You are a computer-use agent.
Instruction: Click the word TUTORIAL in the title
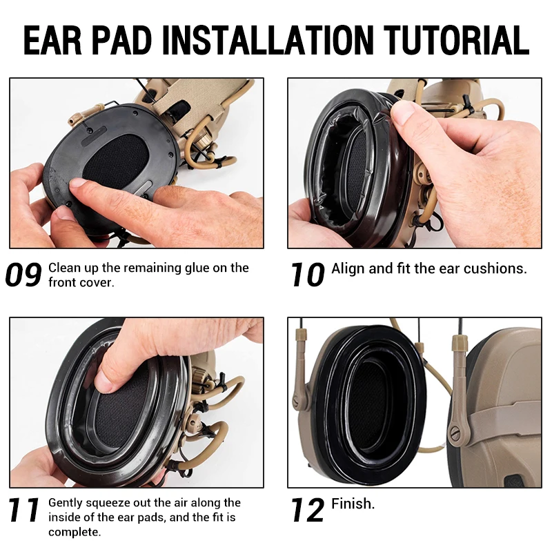tap(456, 40)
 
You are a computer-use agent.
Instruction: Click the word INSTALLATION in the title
tap(267, 40)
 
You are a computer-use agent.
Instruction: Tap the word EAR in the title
tap(52, 40)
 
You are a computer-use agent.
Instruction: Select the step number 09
tap(23, 275)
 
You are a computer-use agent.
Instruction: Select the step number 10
tap(307, 275)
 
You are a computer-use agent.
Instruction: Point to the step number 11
tap(23, 510)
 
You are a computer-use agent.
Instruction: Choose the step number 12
tap(307, 510)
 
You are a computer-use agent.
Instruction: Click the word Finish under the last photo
tap(353, 504)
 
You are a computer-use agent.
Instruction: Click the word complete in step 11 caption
tap(75, 532)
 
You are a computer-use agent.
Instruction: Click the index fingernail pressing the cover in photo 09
tap(78, 183)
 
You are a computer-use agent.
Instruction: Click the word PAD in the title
tap(121, 40)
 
